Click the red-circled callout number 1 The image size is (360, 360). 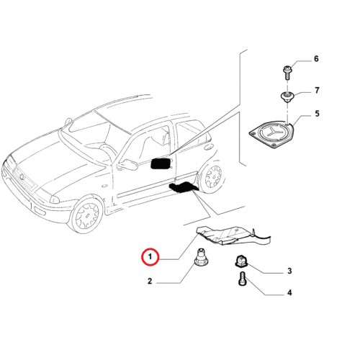tap(150, 257)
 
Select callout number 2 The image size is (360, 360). tap(150, 281)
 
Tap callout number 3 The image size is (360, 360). tap(289, 271)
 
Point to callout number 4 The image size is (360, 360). tap(289, 293)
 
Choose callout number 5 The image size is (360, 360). tap(317, 114)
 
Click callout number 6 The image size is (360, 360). tap(316, 58)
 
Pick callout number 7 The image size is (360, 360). tap(317, 91)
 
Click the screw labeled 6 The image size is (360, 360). tap(287, 73)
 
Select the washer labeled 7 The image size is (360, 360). tap(287, 96)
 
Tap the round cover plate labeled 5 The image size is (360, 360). tap(271, 135)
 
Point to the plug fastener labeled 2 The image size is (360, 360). tap(201, 258)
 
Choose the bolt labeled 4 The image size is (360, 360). tap(243, 279)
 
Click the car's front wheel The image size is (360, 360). tap(86, 214)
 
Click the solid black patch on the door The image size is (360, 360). tap(161, 163)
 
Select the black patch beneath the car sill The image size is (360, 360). tap(183, 187)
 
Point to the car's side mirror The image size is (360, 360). tap(128, 164)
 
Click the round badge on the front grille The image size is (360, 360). tap(22, 177)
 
